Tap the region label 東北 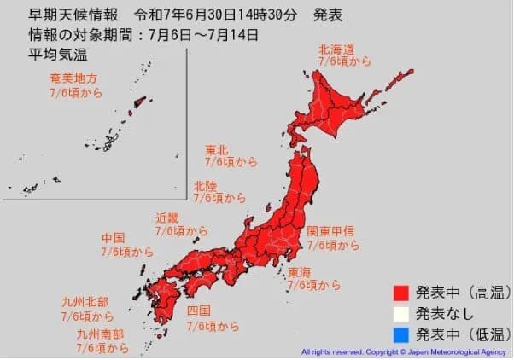pos(216,151)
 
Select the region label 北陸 pos(205,184)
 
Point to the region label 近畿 pos(167,217)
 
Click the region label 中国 pos(114,238)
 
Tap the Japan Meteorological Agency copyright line pos(405,351)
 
